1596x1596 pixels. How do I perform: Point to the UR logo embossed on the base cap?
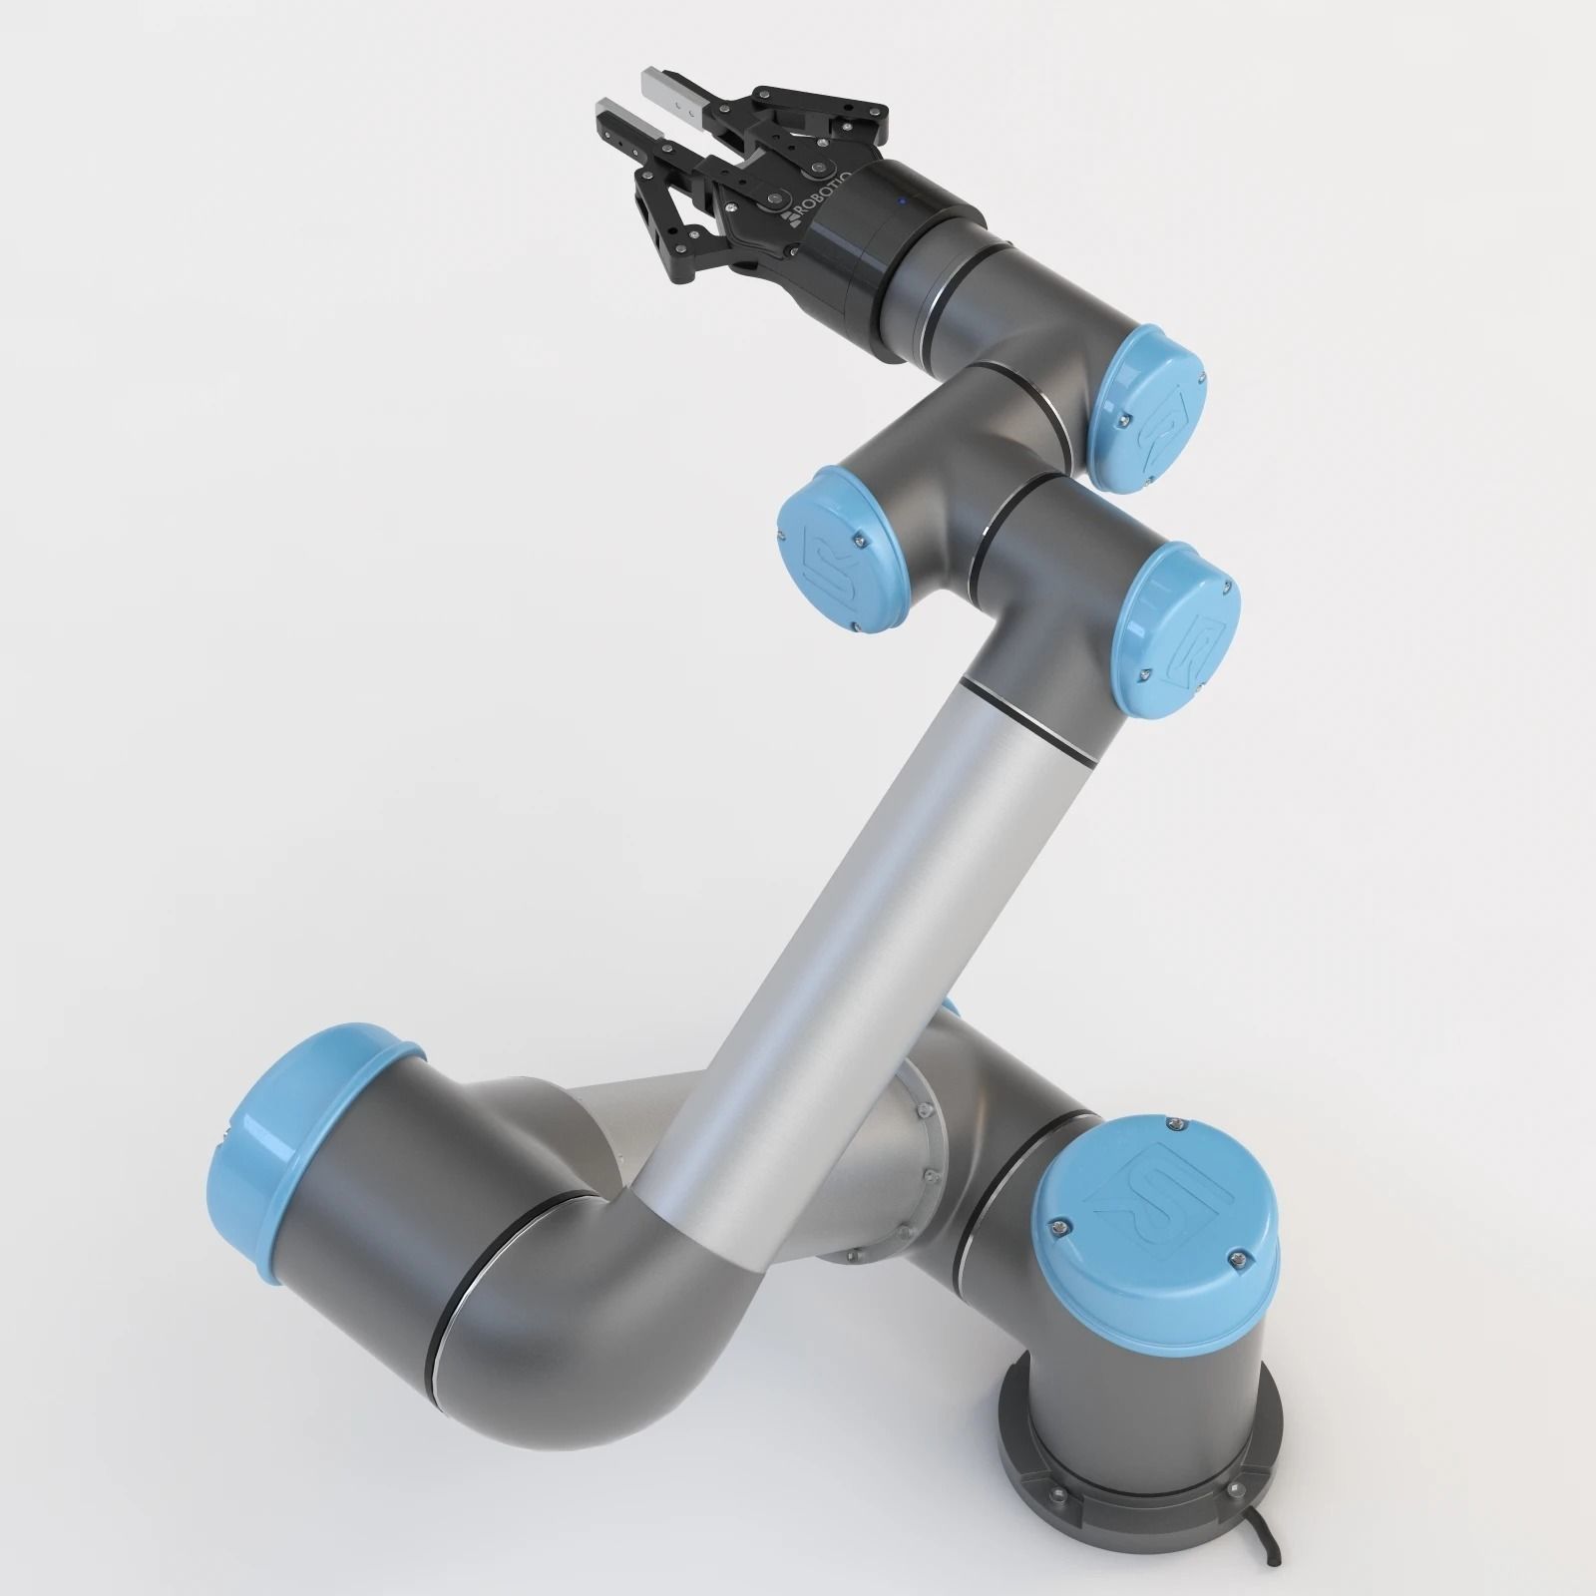[x=1157, y=1191]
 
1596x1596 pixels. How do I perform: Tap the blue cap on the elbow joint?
[x=1177, y=626]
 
